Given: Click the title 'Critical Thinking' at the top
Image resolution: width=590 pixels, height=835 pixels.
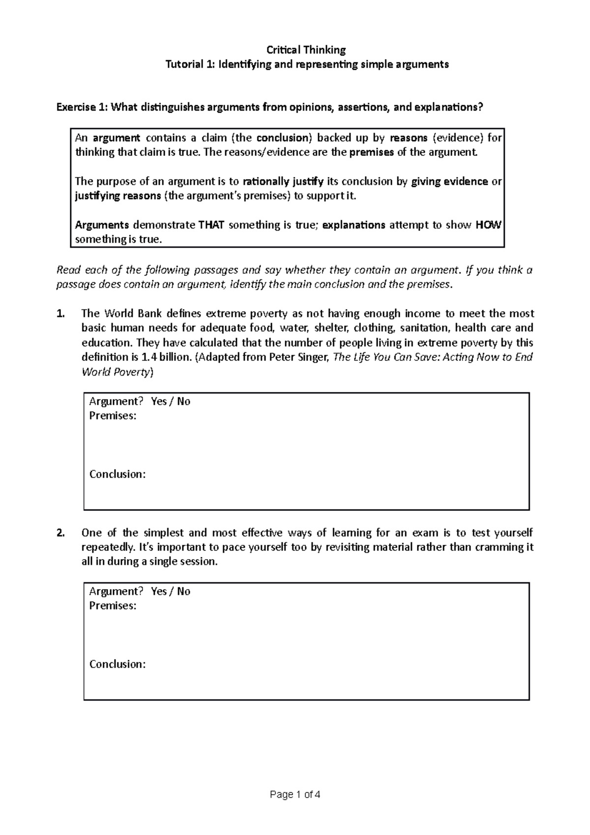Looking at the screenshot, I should pos(306,50).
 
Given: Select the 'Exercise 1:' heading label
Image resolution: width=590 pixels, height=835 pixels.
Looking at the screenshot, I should pos(82,107).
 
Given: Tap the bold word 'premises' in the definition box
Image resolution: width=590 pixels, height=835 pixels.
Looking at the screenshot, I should pos(371,152).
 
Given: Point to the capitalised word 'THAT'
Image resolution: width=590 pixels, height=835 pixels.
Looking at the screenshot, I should pos(211,225).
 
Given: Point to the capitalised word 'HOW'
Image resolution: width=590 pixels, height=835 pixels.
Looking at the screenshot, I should pos(488,225).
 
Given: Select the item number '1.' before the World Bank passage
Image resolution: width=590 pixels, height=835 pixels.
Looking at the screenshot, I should pos(60,314).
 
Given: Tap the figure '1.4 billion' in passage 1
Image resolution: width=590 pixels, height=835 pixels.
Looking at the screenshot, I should pos(166,357).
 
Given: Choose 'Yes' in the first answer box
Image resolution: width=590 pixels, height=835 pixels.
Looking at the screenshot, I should pos(159,401).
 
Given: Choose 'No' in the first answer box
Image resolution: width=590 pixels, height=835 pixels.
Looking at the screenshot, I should pos(183,401).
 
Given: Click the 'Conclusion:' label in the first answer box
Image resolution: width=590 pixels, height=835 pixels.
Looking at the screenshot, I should pos(117,474).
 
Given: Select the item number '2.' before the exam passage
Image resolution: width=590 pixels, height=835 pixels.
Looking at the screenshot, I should pos(60,533).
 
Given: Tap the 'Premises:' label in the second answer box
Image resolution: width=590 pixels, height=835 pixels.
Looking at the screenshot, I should pos(113,606).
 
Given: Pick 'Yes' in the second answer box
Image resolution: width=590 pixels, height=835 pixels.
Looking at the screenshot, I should pos(159,591).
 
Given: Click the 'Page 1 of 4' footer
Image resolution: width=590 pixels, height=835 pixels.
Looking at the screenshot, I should pos(295,795).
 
